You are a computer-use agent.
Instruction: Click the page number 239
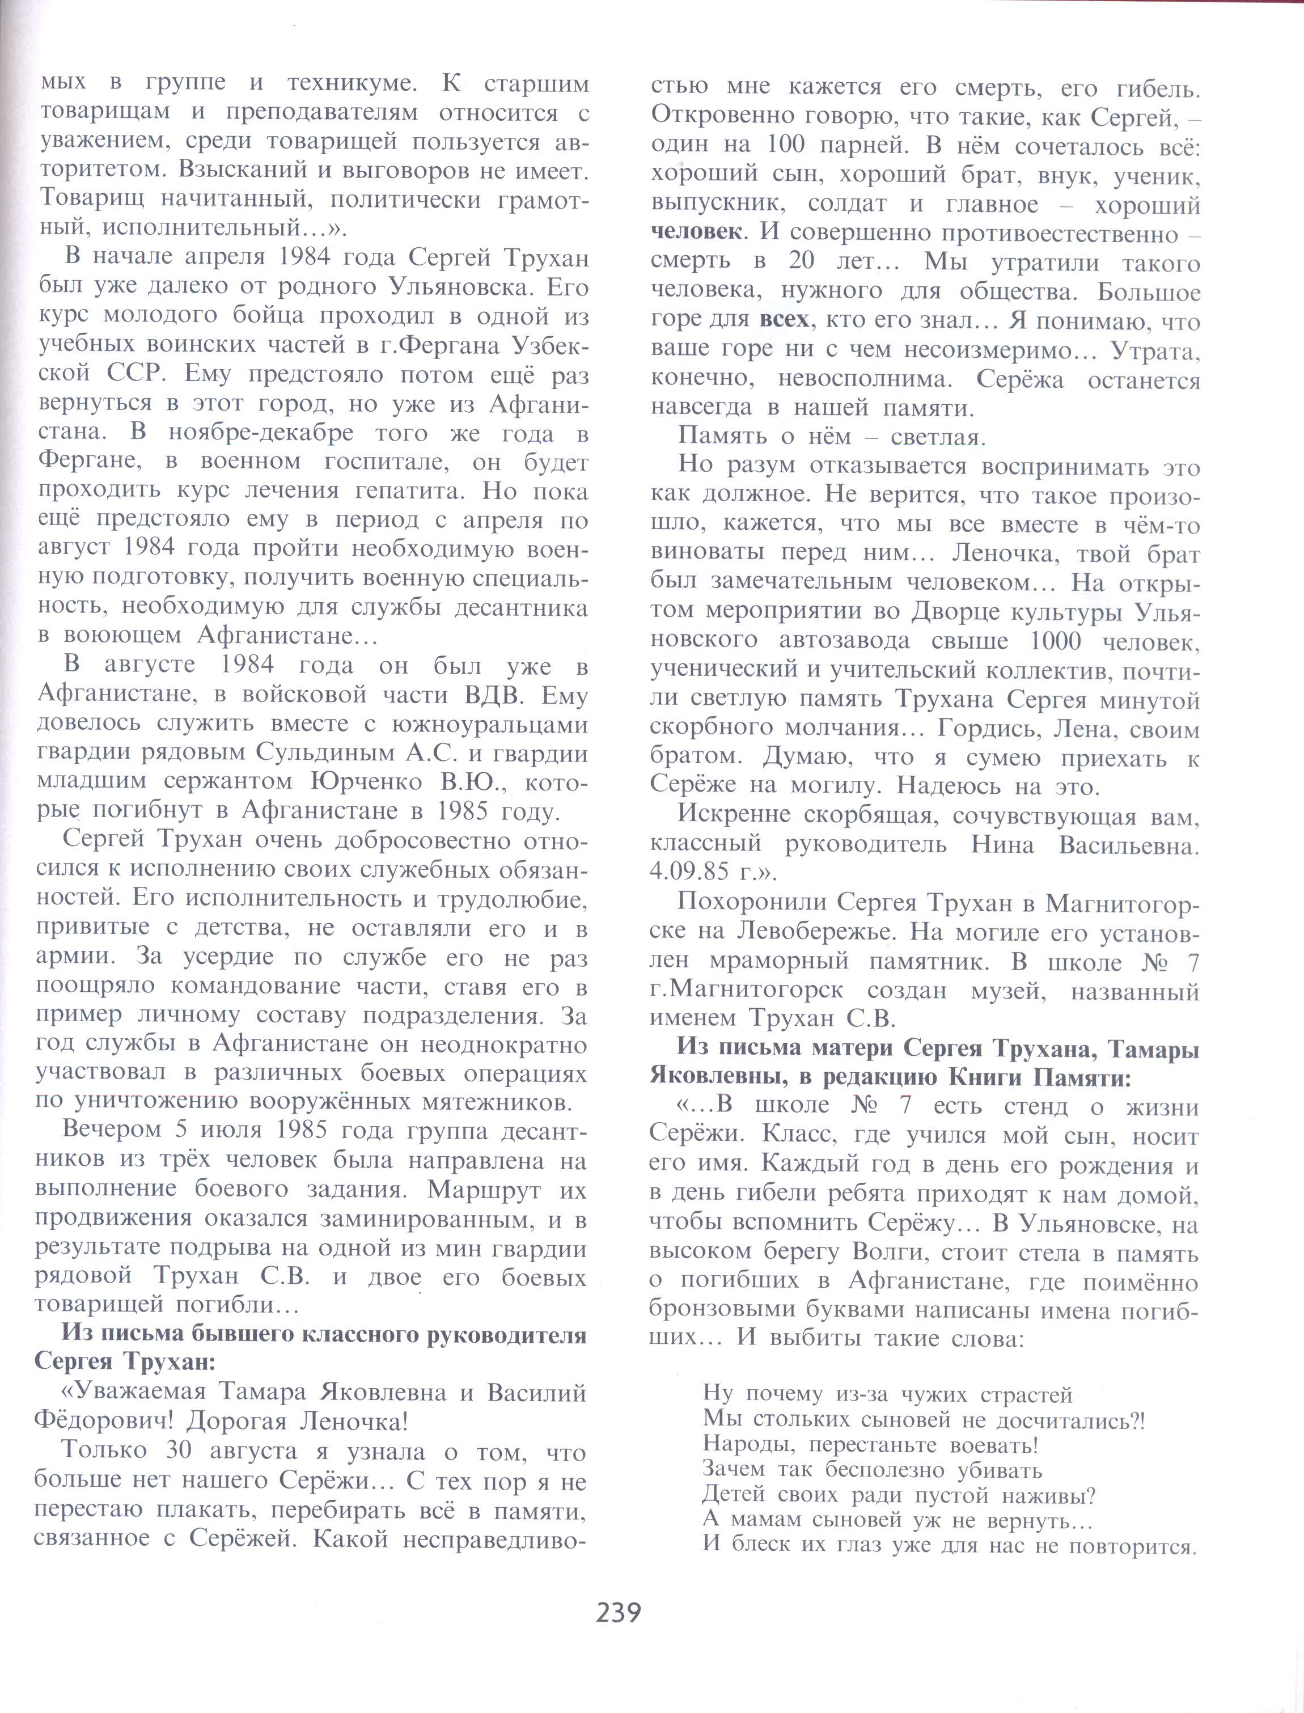[x=619, y=1612]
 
